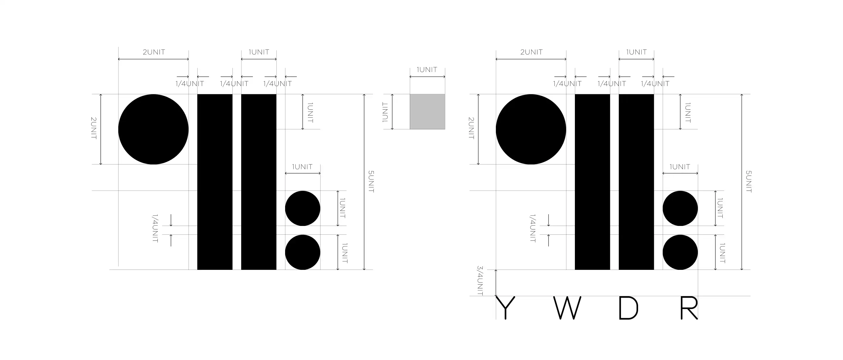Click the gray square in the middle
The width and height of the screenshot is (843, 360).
(427, 112)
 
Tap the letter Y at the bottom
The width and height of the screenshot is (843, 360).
(506, 308)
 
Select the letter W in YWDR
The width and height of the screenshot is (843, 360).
(567, 308)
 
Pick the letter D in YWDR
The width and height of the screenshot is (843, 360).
(628, 308)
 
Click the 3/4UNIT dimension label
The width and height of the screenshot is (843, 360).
(480, 281)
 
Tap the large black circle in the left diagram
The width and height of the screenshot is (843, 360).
(153, 129)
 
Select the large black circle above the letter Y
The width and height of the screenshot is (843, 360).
(531, 129)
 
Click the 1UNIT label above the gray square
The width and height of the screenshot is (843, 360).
(427, 70)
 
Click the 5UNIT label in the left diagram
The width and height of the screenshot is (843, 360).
(371, 182)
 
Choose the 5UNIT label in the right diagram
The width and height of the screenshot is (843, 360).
(748, 182)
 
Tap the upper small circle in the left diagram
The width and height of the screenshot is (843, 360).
(302, 208)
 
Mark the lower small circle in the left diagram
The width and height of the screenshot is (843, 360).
(302, 252)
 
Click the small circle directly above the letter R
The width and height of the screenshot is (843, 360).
(680, 252)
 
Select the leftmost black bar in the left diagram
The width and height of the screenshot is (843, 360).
(215, 182)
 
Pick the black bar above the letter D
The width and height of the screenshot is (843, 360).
(636, 182)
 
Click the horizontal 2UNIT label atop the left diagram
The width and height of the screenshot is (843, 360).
(154, 52)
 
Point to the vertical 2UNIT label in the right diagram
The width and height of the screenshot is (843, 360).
(471, 128)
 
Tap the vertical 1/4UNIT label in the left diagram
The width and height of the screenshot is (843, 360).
(155, 228)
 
